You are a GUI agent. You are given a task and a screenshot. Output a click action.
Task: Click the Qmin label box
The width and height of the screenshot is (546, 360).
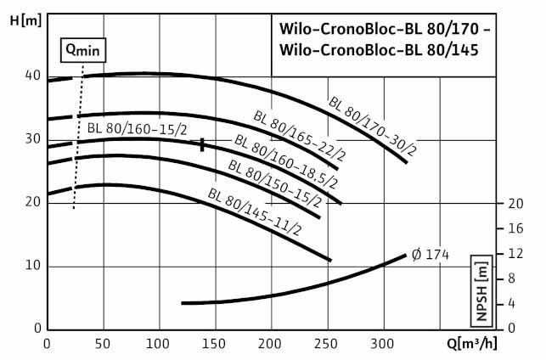pyautogui.click(x=82, y=49)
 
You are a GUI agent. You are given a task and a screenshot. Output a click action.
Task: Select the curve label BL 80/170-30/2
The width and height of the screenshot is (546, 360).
pyautogui.click(x=372, y=127)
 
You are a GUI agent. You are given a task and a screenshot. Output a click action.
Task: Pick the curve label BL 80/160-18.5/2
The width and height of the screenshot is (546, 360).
pyautogui.click(x=286, y=162)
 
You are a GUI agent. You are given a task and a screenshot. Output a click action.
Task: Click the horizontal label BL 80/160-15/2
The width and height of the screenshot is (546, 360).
pyautogui.click(x=137, y=129)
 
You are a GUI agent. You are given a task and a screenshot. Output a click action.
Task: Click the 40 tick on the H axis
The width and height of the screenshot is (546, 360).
pyautogui.click(x=32, y=76)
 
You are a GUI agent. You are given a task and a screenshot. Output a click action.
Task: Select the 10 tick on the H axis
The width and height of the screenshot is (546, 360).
pyautogui.click(x=32, y=266)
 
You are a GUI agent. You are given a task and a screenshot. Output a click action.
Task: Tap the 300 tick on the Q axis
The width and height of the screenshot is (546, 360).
pyautogui.click(x=383, y=344)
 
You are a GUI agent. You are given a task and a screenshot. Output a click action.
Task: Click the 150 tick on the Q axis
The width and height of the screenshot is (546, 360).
pyautogui.click(x=215, y=344)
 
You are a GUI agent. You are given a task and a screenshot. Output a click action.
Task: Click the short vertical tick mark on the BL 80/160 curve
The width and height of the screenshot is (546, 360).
pyautogui.click(x=202, y=144)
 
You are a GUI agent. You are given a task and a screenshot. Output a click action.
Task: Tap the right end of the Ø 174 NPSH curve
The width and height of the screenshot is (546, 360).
pyautogui.click(x=406, y=255)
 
